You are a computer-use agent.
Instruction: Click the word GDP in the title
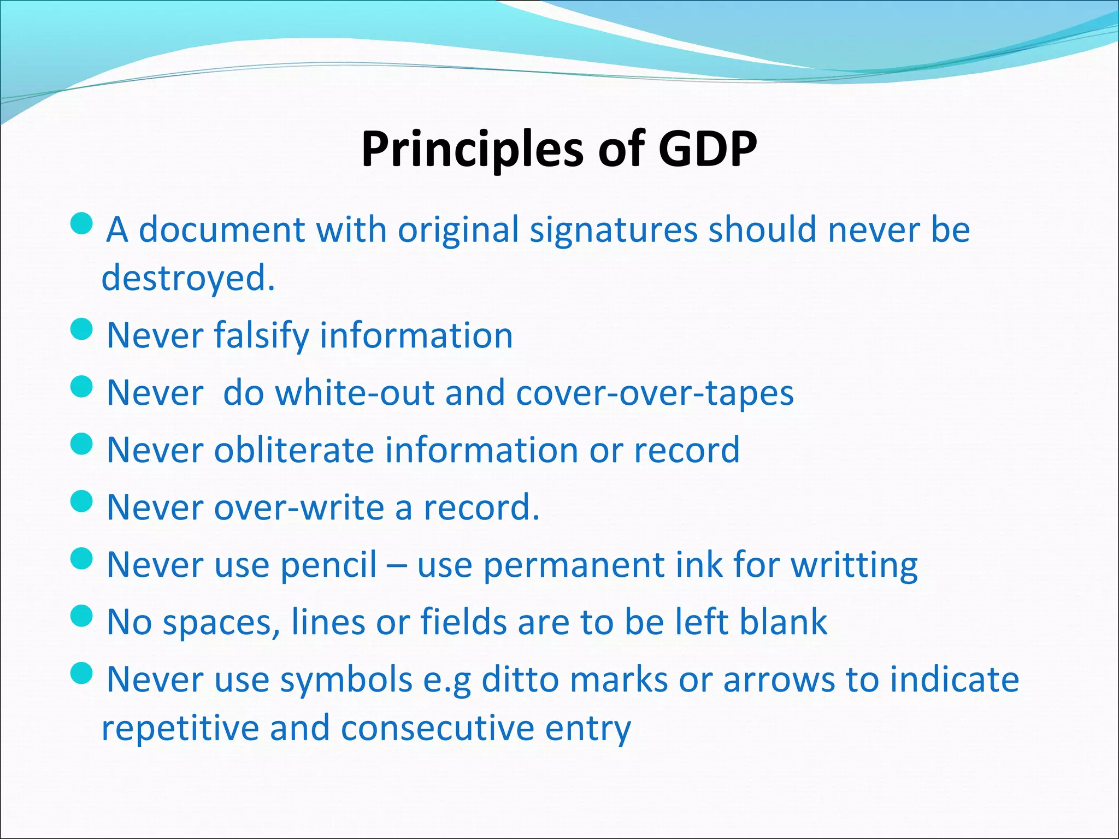pos(707,149)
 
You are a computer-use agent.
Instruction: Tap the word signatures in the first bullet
pos(614,229)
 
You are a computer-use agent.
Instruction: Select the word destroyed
pos(188,279)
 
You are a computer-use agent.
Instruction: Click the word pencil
pos(329,565)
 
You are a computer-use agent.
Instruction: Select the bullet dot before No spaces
pos(82,616)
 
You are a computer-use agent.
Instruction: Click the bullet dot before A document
pos(82,223)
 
